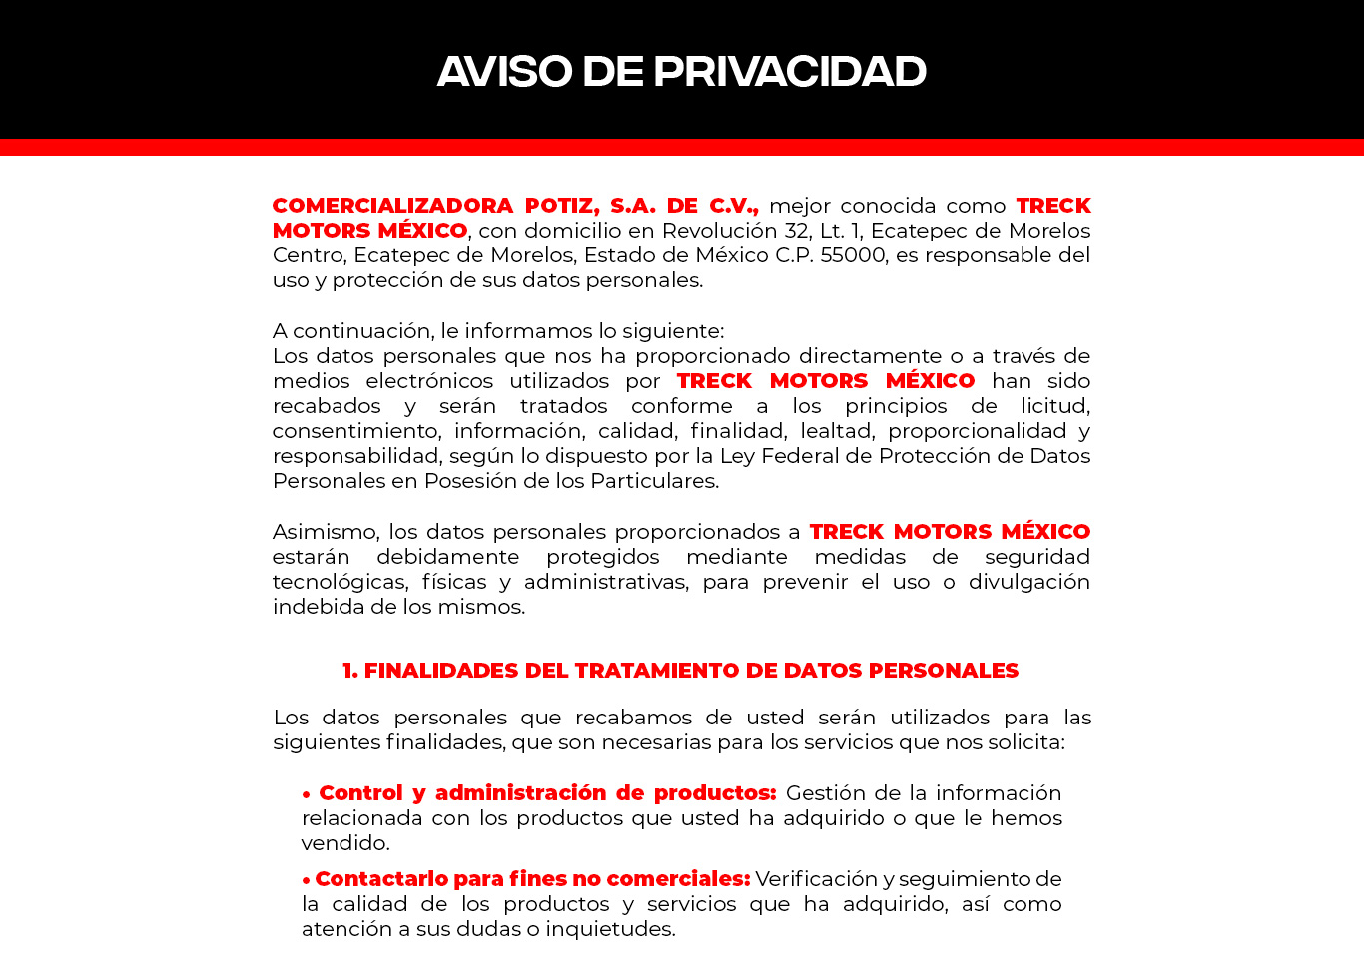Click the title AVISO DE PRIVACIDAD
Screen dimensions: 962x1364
[682, 71]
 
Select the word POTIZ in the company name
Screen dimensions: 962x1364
[561, 206]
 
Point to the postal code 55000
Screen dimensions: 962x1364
[853, 255]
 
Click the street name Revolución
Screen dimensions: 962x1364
[719, 231]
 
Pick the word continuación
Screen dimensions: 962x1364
[362, 331]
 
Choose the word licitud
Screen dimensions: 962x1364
[1054, 406]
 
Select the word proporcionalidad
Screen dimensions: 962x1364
[977, 431]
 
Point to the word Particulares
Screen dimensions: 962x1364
[653, 481]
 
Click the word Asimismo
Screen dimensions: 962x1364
[325, 532]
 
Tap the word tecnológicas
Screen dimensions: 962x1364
[340, 582]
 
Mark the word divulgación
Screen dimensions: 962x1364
[1028, 582]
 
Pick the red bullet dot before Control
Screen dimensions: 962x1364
[307, 794]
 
